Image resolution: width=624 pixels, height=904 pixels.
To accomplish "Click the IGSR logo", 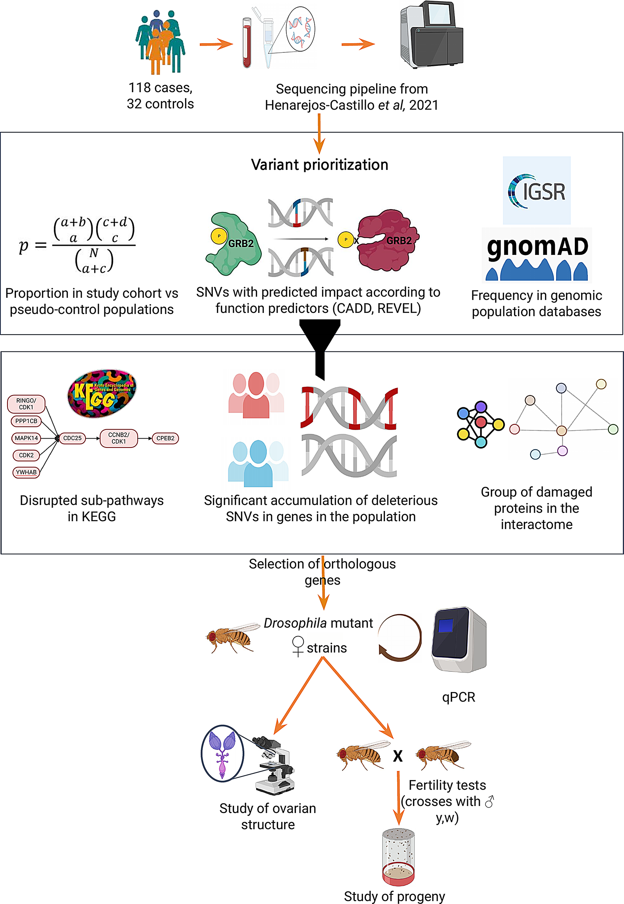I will pos(537,191).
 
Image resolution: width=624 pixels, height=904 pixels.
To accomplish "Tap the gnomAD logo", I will pos(537,255).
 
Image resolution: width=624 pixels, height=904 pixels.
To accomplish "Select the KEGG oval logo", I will pos(102,393).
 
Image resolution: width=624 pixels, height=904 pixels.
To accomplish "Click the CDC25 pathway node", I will pos(72,438).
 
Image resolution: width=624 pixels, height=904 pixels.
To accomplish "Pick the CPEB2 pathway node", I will pos(165,438).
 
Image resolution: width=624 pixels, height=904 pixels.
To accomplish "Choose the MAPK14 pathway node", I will pos(26,438).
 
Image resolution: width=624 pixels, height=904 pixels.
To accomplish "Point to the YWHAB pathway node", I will pos(26,472).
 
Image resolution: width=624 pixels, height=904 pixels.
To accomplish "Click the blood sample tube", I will pos(247,43).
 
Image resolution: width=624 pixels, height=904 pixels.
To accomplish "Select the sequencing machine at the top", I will pos(432,35).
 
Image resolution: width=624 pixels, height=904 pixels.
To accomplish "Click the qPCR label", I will pos(458,697).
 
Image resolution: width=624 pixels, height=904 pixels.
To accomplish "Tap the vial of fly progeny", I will pos(398,857).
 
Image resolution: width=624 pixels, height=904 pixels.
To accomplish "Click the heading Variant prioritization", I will pos(319,165).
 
